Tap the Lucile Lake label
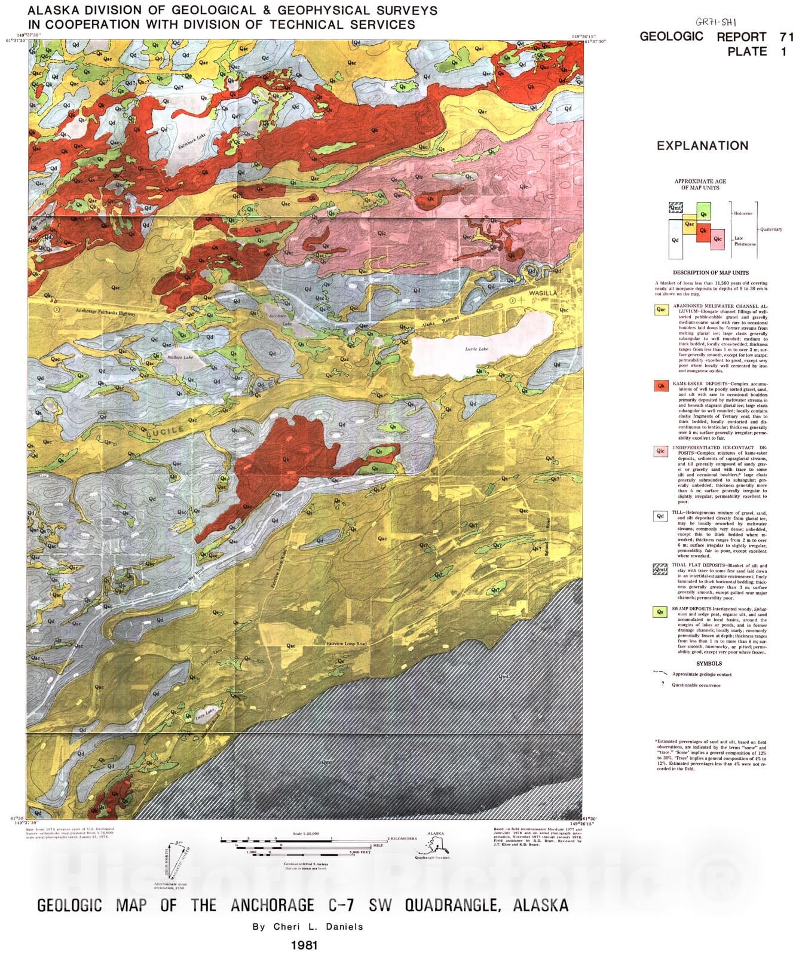coord(476,349)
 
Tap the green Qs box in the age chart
coord(703,212)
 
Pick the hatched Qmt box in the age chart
coord(676,208)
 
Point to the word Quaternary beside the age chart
coord(771,229)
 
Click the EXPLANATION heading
coord(702,146)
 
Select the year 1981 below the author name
coord(304,945)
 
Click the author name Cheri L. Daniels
coord(308,927)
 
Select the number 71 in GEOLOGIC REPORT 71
coord(786,36)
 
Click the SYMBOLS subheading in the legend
coord(709,663)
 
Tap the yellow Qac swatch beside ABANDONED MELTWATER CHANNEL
coord(661,310)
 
